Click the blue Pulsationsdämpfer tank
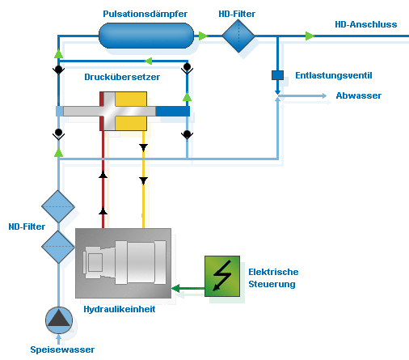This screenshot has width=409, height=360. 146,35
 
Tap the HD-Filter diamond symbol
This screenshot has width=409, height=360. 238,36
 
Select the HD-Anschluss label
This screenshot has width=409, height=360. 365,24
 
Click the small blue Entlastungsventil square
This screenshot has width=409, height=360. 276,75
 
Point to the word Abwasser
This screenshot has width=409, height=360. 358,95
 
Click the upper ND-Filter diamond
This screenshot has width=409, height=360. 58,207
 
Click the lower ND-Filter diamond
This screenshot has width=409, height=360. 58,245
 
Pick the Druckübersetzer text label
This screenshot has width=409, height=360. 121,77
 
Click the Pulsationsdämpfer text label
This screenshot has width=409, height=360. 145,14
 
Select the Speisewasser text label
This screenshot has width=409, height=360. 62,349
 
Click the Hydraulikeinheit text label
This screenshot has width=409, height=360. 120,309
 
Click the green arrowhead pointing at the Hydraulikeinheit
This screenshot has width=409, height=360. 177,286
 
